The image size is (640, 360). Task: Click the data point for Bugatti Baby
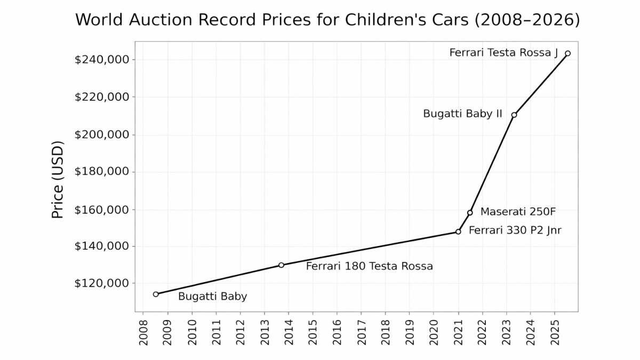pos(156,294)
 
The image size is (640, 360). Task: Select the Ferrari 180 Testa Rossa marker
pos(281,265)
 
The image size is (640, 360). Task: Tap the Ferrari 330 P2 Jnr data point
pos(458,231)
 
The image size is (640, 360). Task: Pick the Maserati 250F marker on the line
pos(470,212)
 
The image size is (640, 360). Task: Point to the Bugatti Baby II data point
pos(514,115)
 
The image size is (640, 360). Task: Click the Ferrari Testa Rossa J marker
pos(567,53)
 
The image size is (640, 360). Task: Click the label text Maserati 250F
pos(518,212)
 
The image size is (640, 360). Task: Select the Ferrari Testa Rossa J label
pos(503,53)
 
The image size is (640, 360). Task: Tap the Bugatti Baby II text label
pos(462,114)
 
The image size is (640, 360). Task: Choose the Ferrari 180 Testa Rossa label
pos(369,266)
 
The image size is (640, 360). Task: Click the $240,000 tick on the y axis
pos(102,59)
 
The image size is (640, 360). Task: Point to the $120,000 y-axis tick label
pos(102,283)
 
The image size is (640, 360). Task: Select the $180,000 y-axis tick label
pos(102,172)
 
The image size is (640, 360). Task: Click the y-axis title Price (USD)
pos(58,179)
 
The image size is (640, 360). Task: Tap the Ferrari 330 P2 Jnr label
pos(515,230)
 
